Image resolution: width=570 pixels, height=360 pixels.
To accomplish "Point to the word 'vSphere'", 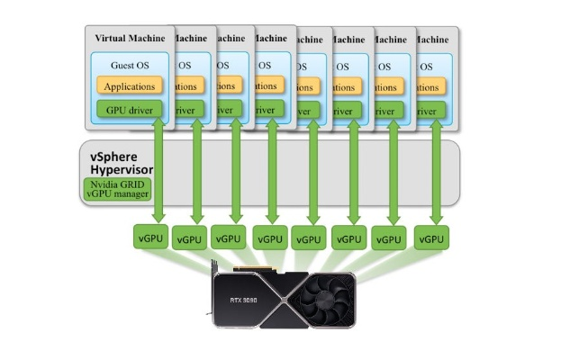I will click(x=114, y=155).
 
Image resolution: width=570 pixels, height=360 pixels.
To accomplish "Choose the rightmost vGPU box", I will click(x=431, y=238).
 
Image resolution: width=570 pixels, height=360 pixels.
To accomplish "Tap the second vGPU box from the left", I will click(x=189, y=240).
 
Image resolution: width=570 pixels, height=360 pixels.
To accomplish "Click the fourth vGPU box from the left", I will click(x=268, y=238).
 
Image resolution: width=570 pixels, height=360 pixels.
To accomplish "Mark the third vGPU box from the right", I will click(x=348, y=239).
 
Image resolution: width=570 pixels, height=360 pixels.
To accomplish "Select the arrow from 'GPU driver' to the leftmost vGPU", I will click(x=158, y=171).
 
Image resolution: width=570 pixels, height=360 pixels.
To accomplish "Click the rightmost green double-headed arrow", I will click(x=437, y=171).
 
